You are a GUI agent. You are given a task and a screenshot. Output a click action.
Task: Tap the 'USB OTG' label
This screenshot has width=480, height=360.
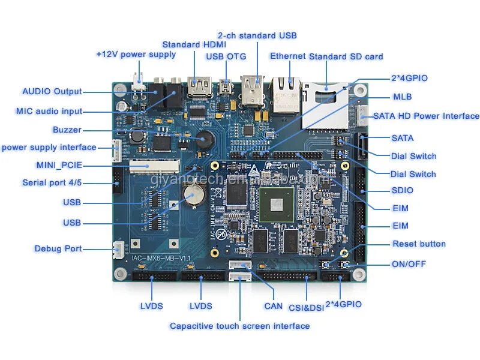coord(222,56)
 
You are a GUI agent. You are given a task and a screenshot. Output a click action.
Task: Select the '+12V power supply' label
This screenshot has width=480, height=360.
coord(136,54)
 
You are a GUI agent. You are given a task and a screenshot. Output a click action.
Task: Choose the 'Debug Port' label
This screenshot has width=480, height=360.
coord(58,248)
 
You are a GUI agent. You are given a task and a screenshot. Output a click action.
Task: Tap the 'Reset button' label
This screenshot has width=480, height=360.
coord(419,244)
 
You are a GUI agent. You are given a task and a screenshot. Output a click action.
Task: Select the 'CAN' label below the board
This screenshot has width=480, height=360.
coord(274,306)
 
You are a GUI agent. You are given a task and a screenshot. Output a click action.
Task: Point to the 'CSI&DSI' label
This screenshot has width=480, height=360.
coord(306,307)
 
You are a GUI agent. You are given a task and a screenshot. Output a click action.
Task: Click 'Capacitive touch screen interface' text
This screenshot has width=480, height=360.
coord(239,326)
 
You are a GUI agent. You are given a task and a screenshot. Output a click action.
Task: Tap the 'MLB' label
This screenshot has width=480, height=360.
coord(402,97)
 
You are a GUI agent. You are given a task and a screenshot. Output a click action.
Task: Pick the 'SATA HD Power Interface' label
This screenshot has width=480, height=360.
coord(426,116)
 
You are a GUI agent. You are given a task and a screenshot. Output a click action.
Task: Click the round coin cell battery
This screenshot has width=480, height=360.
coord(194,194)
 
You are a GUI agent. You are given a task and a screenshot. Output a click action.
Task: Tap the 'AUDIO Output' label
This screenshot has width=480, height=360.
coord(52,92)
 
